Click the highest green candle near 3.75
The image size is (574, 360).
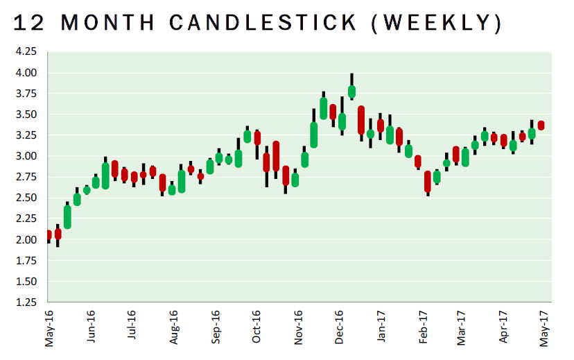[351, 91]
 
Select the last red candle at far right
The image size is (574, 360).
[541, 126]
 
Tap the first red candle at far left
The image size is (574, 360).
[49, 235]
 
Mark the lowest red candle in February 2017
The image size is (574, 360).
[428, 181]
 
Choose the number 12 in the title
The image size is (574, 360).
[28, 24]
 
